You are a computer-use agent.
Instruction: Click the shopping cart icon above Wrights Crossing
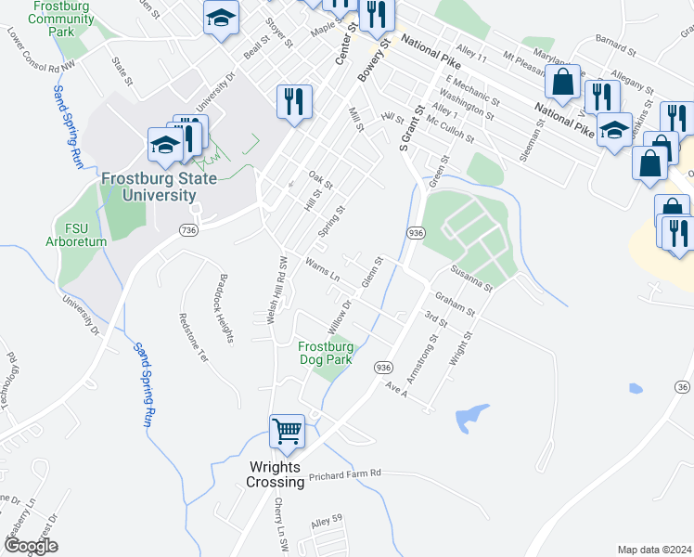pos(288,432)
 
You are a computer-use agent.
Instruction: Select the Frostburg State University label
pos(149,187)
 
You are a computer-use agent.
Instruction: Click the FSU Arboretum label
pos(76,234)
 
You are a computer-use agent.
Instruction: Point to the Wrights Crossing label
pos(276,474)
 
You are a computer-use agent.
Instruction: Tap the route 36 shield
pos(683,386)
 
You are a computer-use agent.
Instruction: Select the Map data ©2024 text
pos(654,550)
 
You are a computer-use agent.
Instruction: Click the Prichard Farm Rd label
pos(344,473)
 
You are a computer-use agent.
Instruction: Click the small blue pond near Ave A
pos(471,417)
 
